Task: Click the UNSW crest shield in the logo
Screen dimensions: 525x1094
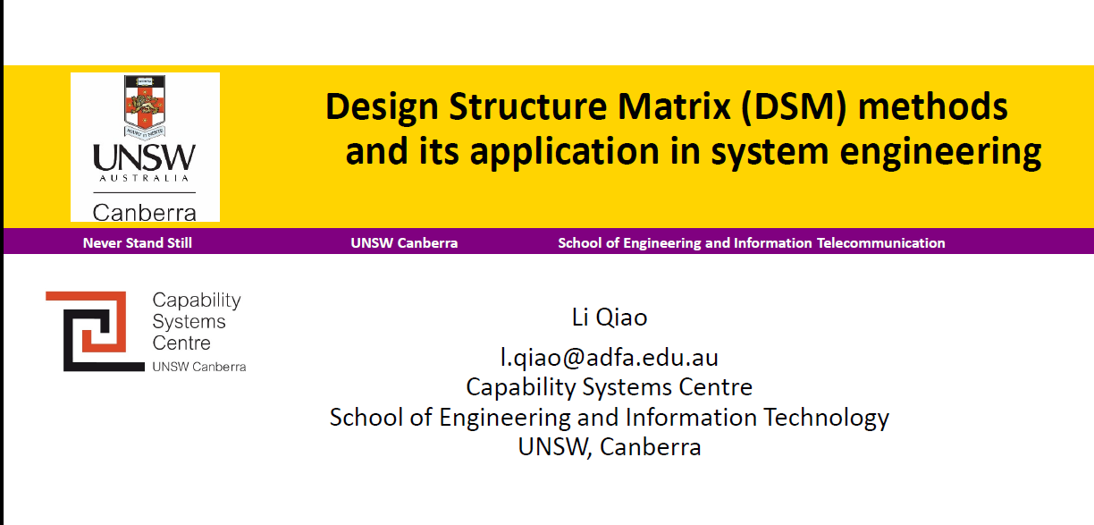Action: tap(145, 105)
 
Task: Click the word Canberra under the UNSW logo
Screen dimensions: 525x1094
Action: tap(145, 213)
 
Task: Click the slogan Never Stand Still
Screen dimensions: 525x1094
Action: tap(138, 242)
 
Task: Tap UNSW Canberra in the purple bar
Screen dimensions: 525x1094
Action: tap(404, 242)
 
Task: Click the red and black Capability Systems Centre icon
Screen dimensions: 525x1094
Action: tap(95, 331)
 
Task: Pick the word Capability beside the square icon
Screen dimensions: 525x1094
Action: tap(197, 301)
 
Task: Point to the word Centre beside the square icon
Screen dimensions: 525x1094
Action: tap(181, 343)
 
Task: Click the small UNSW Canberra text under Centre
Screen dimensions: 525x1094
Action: tap(198, 367)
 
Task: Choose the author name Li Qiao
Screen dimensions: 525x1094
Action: tap(609, 318)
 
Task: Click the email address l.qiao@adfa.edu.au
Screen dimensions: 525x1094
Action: tap(609, 358)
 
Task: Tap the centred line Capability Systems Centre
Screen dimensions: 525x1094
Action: tap(609, 387)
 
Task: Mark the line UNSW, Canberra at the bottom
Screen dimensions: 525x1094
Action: tap(609, 446)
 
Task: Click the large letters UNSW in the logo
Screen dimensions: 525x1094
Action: tap(145, 159)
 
